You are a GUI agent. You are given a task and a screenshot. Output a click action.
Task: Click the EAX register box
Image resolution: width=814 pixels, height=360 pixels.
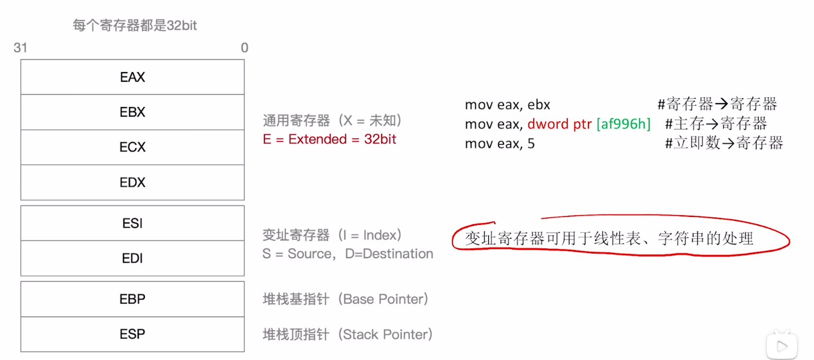[x=132, y=77]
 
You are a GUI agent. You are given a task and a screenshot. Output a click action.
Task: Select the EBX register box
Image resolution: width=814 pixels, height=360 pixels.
[x=132, y=112]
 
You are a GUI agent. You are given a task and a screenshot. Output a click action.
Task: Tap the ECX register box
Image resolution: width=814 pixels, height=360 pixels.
[x=132, y=147]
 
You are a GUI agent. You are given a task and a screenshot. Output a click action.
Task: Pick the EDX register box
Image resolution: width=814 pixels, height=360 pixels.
[x=132, y=183]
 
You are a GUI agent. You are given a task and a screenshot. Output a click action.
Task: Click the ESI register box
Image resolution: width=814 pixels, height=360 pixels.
[x=132, y=223]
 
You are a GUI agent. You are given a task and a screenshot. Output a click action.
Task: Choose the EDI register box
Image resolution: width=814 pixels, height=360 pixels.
[x=132, y=259]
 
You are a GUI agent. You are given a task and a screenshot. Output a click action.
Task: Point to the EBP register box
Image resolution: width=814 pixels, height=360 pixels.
[x=132, y=299]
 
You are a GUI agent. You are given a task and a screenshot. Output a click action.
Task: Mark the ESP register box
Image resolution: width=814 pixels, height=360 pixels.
[x=132, y=334]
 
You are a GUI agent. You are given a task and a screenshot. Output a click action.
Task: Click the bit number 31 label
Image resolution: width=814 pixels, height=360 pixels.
[x=20, y=48]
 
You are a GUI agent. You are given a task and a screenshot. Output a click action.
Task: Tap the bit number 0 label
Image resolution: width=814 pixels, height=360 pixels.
[x=244, y=48]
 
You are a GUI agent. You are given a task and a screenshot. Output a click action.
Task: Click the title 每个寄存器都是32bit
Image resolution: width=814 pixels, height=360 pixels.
[x=135, y=25]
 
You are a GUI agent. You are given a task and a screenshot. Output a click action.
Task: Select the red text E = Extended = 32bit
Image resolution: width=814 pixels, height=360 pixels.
[x=329, y=139]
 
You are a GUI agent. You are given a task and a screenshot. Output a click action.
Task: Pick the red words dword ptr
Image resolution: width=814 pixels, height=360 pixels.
[x=559, y=124]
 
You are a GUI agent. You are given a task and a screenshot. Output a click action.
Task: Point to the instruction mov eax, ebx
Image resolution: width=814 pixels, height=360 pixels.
[x=507, y=104]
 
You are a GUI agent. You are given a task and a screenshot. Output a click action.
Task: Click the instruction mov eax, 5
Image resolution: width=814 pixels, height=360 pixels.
[x=499, y=144]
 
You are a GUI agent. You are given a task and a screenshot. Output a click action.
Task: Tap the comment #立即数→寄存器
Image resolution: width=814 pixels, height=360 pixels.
[x=724, y=143]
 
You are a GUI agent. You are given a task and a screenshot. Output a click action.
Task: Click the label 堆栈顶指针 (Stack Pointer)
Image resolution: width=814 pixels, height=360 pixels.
[x=348, y=334]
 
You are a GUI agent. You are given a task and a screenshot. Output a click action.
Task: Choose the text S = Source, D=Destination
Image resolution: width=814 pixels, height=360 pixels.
[x=348, y=254]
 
